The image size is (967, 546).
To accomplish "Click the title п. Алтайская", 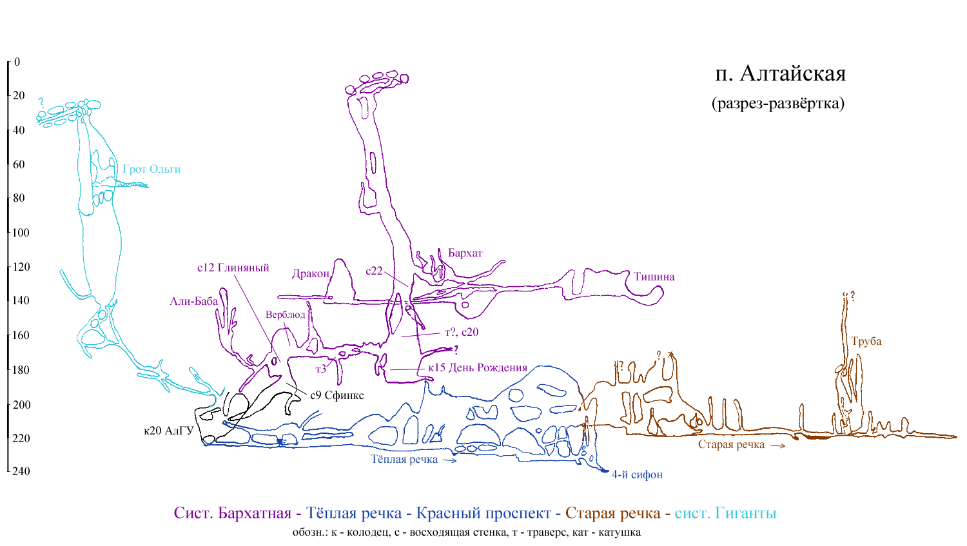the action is point(780,73).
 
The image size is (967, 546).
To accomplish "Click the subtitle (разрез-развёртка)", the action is point(778,103).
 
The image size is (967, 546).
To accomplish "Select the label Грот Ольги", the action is point(151,169).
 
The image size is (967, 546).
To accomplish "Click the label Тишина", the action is point(654,277).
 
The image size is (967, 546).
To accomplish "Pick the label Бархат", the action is point(465,253).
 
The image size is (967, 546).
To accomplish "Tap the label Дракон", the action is point(311,274).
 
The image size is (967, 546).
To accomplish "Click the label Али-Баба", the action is point(194,301).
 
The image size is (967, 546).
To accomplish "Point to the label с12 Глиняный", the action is point(233,268).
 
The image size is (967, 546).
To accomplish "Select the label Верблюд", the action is point(286,315).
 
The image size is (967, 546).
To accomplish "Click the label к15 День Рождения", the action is point(478,367).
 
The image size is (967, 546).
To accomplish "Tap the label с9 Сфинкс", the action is point(337,395).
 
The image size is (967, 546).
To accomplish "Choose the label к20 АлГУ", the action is point(169,431).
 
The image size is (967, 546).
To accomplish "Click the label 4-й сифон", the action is point(637,474).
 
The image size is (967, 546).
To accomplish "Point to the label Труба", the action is point(866,341).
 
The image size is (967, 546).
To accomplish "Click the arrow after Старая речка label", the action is point(778,446).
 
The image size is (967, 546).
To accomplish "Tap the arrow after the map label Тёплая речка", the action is point(449,460).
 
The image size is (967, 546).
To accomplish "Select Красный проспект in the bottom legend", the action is point(484,513).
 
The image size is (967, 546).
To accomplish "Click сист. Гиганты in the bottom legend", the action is point(726,513).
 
